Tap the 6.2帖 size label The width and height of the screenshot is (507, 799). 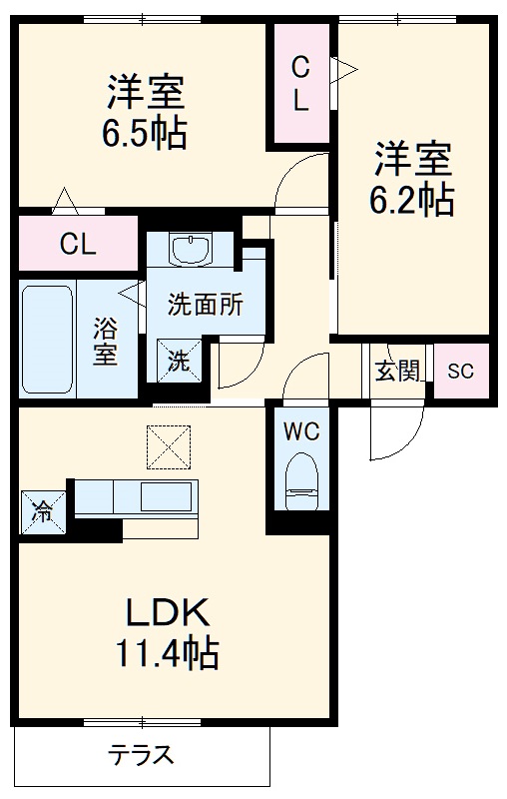[x=413, y=201]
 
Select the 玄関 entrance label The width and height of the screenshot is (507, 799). [x=397, y=372]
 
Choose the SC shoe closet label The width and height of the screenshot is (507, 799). [x=459, y=372]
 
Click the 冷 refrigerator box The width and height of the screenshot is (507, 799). [x=44, y=512]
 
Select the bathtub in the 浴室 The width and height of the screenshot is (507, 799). [x=47, y=340]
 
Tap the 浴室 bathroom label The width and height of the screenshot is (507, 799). [x=104, y=341]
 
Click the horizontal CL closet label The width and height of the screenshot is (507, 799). [x=77, y=245]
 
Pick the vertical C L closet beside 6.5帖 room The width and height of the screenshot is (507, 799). [x=300, y=83]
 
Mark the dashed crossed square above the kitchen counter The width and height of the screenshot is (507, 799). [x=167, y=446]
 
